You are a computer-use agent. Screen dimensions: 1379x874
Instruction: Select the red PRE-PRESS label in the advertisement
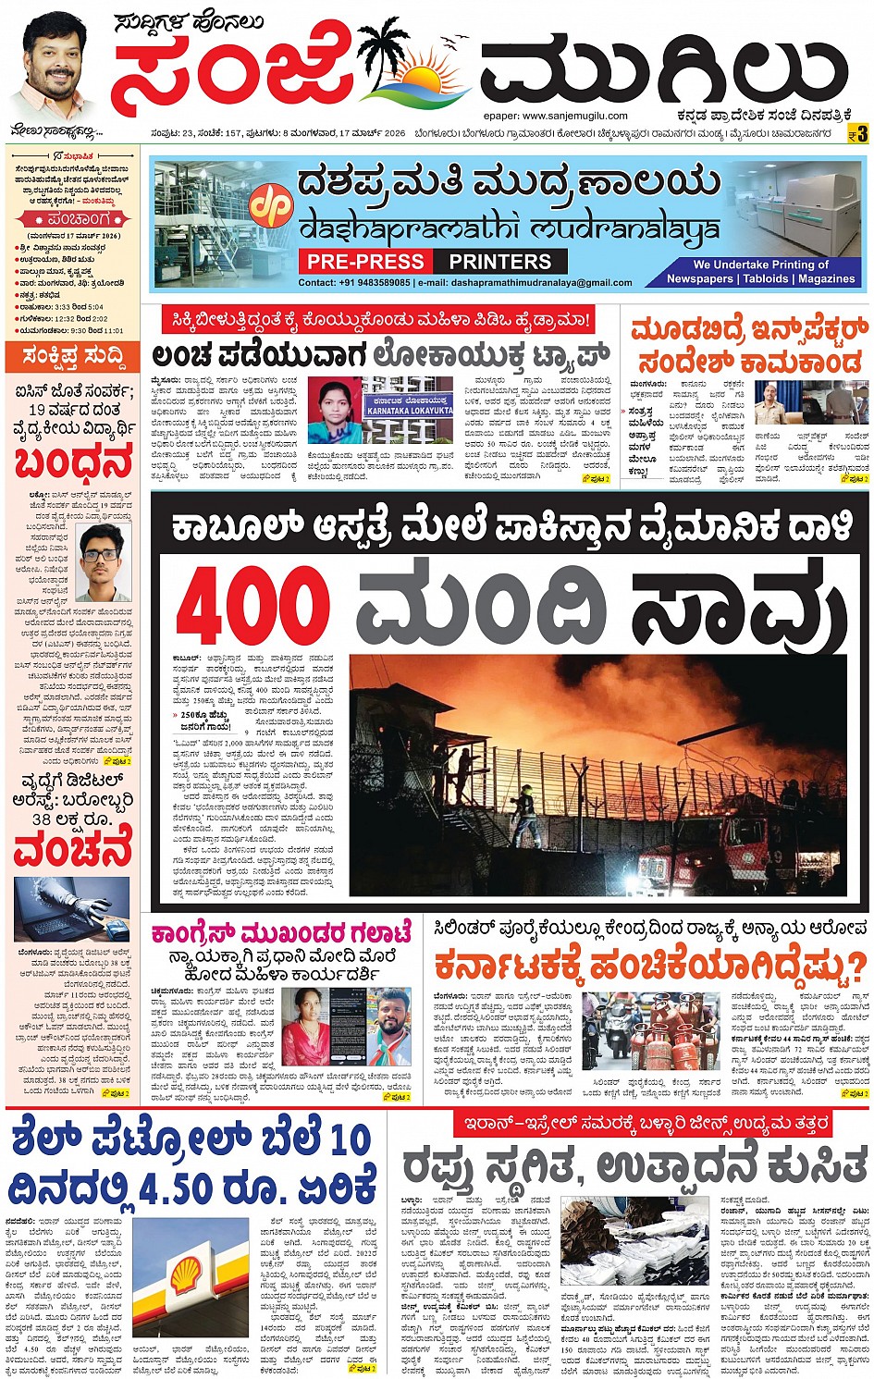pos(365,262)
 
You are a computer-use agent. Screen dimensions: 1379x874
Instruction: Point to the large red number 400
pos(252,608)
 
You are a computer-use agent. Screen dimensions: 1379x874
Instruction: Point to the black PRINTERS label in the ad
pos(499,262)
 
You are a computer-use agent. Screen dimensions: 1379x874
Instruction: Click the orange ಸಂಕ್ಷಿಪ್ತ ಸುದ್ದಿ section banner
pos(71,356)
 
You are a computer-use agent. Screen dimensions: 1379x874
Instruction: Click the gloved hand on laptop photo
pos(71,910)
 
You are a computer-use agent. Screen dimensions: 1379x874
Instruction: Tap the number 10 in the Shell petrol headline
pos(349,1139)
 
